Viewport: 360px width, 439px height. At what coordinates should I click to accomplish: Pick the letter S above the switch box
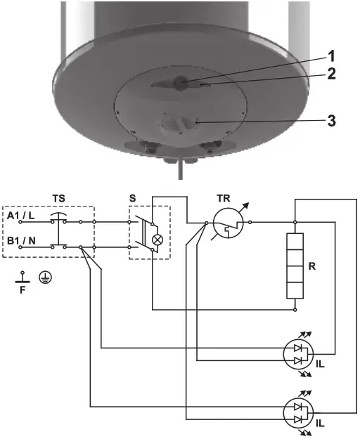point(133,199)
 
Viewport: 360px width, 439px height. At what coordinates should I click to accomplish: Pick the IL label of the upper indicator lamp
point(321,365)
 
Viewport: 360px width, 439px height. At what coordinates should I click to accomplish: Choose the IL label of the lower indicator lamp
point(321,424)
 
